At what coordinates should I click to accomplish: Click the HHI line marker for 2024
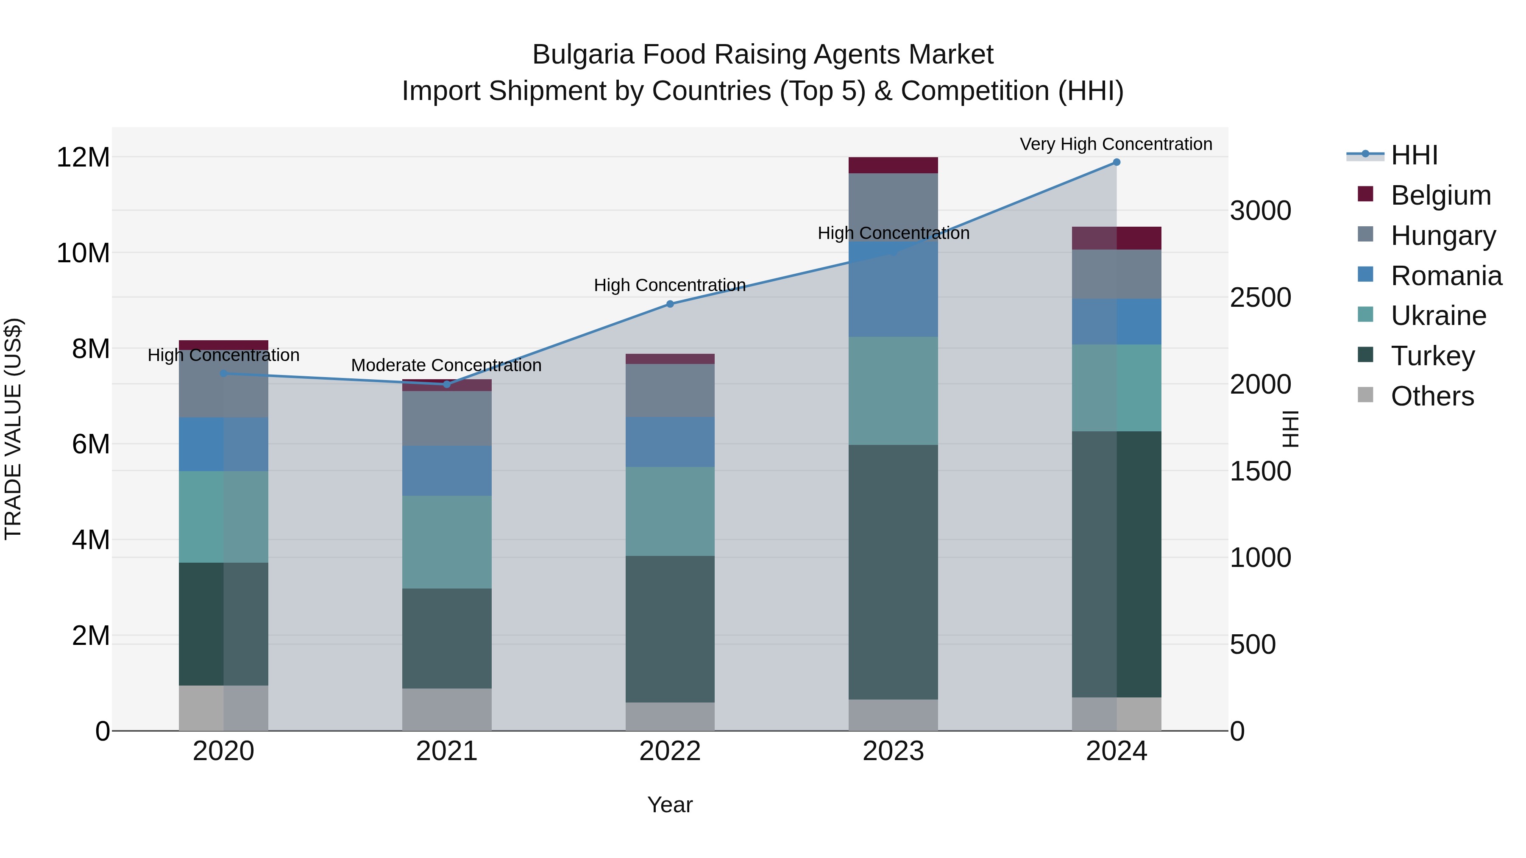coord(1116,162)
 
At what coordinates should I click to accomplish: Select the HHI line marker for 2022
coord(670,304)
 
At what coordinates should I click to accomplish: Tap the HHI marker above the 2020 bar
coord(223,374)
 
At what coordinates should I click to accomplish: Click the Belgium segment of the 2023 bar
coord(893,165)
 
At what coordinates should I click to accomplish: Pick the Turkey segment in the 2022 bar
coord(670,629)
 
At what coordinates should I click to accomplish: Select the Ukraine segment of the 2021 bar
coord(447,542)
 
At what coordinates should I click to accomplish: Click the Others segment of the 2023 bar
coord(893,715)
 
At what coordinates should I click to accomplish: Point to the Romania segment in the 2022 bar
coord(670,442)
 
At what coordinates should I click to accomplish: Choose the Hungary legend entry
coord(1443,236)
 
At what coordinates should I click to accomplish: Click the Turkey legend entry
coord(1432,356)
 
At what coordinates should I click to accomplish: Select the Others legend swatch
coord(1365,395)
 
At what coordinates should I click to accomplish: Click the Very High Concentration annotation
coord(1116,144)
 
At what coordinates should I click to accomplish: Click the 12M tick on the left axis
coord(83,158)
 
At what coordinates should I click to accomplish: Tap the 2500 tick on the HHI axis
coord(1260,297)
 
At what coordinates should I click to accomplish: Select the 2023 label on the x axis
coord(893,751)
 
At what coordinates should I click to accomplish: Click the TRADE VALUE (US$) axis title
coord(13,429)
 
